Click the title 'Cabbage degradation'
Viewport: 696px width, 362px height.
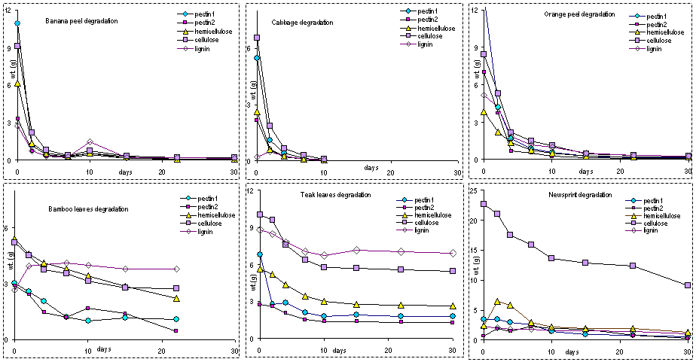pos(302,23)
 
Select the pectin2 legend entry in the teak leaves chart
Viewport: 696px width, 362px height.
pos(426,207)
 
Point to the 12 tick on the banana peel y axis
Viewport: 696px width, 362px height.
pos(8,9)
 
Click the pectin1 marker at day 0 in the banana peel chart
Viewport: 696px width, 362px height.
pos(17,23)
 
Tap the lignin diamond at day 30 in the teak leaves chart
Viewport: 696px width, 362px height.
pos(453,253)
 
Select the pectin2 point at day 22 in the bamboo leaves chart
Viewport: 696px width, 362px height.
pos(176,331)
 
